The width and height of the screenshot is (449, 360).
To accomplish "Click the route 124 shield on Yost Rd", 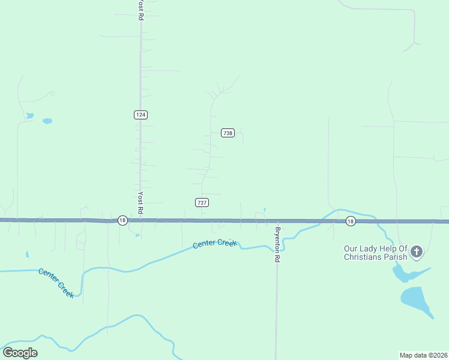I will [140, 114].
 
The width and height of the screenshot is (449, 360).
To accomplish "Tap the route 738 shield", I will [228, 133].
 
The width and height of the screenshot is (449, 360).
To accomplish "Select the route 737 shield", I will [202, 202].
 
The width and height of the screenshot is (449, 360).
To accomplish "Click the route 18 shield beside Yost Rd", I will [122, 220].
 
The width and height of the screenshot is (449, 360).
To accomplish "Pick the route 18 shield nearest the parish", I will [351, 221].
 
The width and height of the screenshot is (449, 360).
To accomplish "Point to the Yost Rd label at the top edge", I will [140, 10].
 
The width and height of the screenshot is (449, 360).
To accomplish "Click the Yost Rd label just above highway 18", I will [140, 203].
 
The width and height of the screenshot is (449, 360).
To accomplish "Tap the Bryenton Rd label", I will [277, 244].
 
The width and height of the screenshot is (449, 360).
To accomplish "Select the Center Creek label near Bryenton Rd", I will [215, 244].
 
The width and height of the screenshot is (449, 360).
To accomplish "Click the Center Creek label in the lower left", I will [56, 282].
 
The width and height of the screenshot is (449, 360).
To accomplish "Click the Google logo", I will [20, 353].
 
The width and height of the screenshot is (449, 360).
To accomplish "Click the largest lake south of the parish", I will [415, 300].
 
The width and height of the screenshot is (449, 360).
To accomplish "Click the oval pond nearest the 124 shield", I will [47, 121].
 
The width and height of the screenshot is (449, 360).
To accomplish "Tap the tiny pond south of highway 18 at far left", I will [27, 254].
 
